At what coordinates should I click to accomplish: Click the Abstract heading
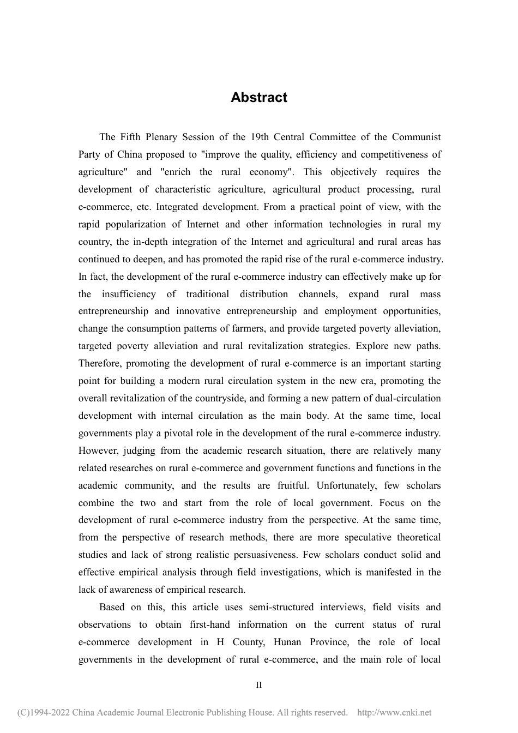[x=258, y=98]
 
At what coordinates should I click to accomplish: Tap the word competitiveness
[x=395, y=154]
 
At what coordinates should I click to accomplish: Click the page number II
[x=259, y=685]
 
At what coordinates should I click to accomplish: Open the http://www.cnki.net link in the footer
[x=394, y=712]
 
